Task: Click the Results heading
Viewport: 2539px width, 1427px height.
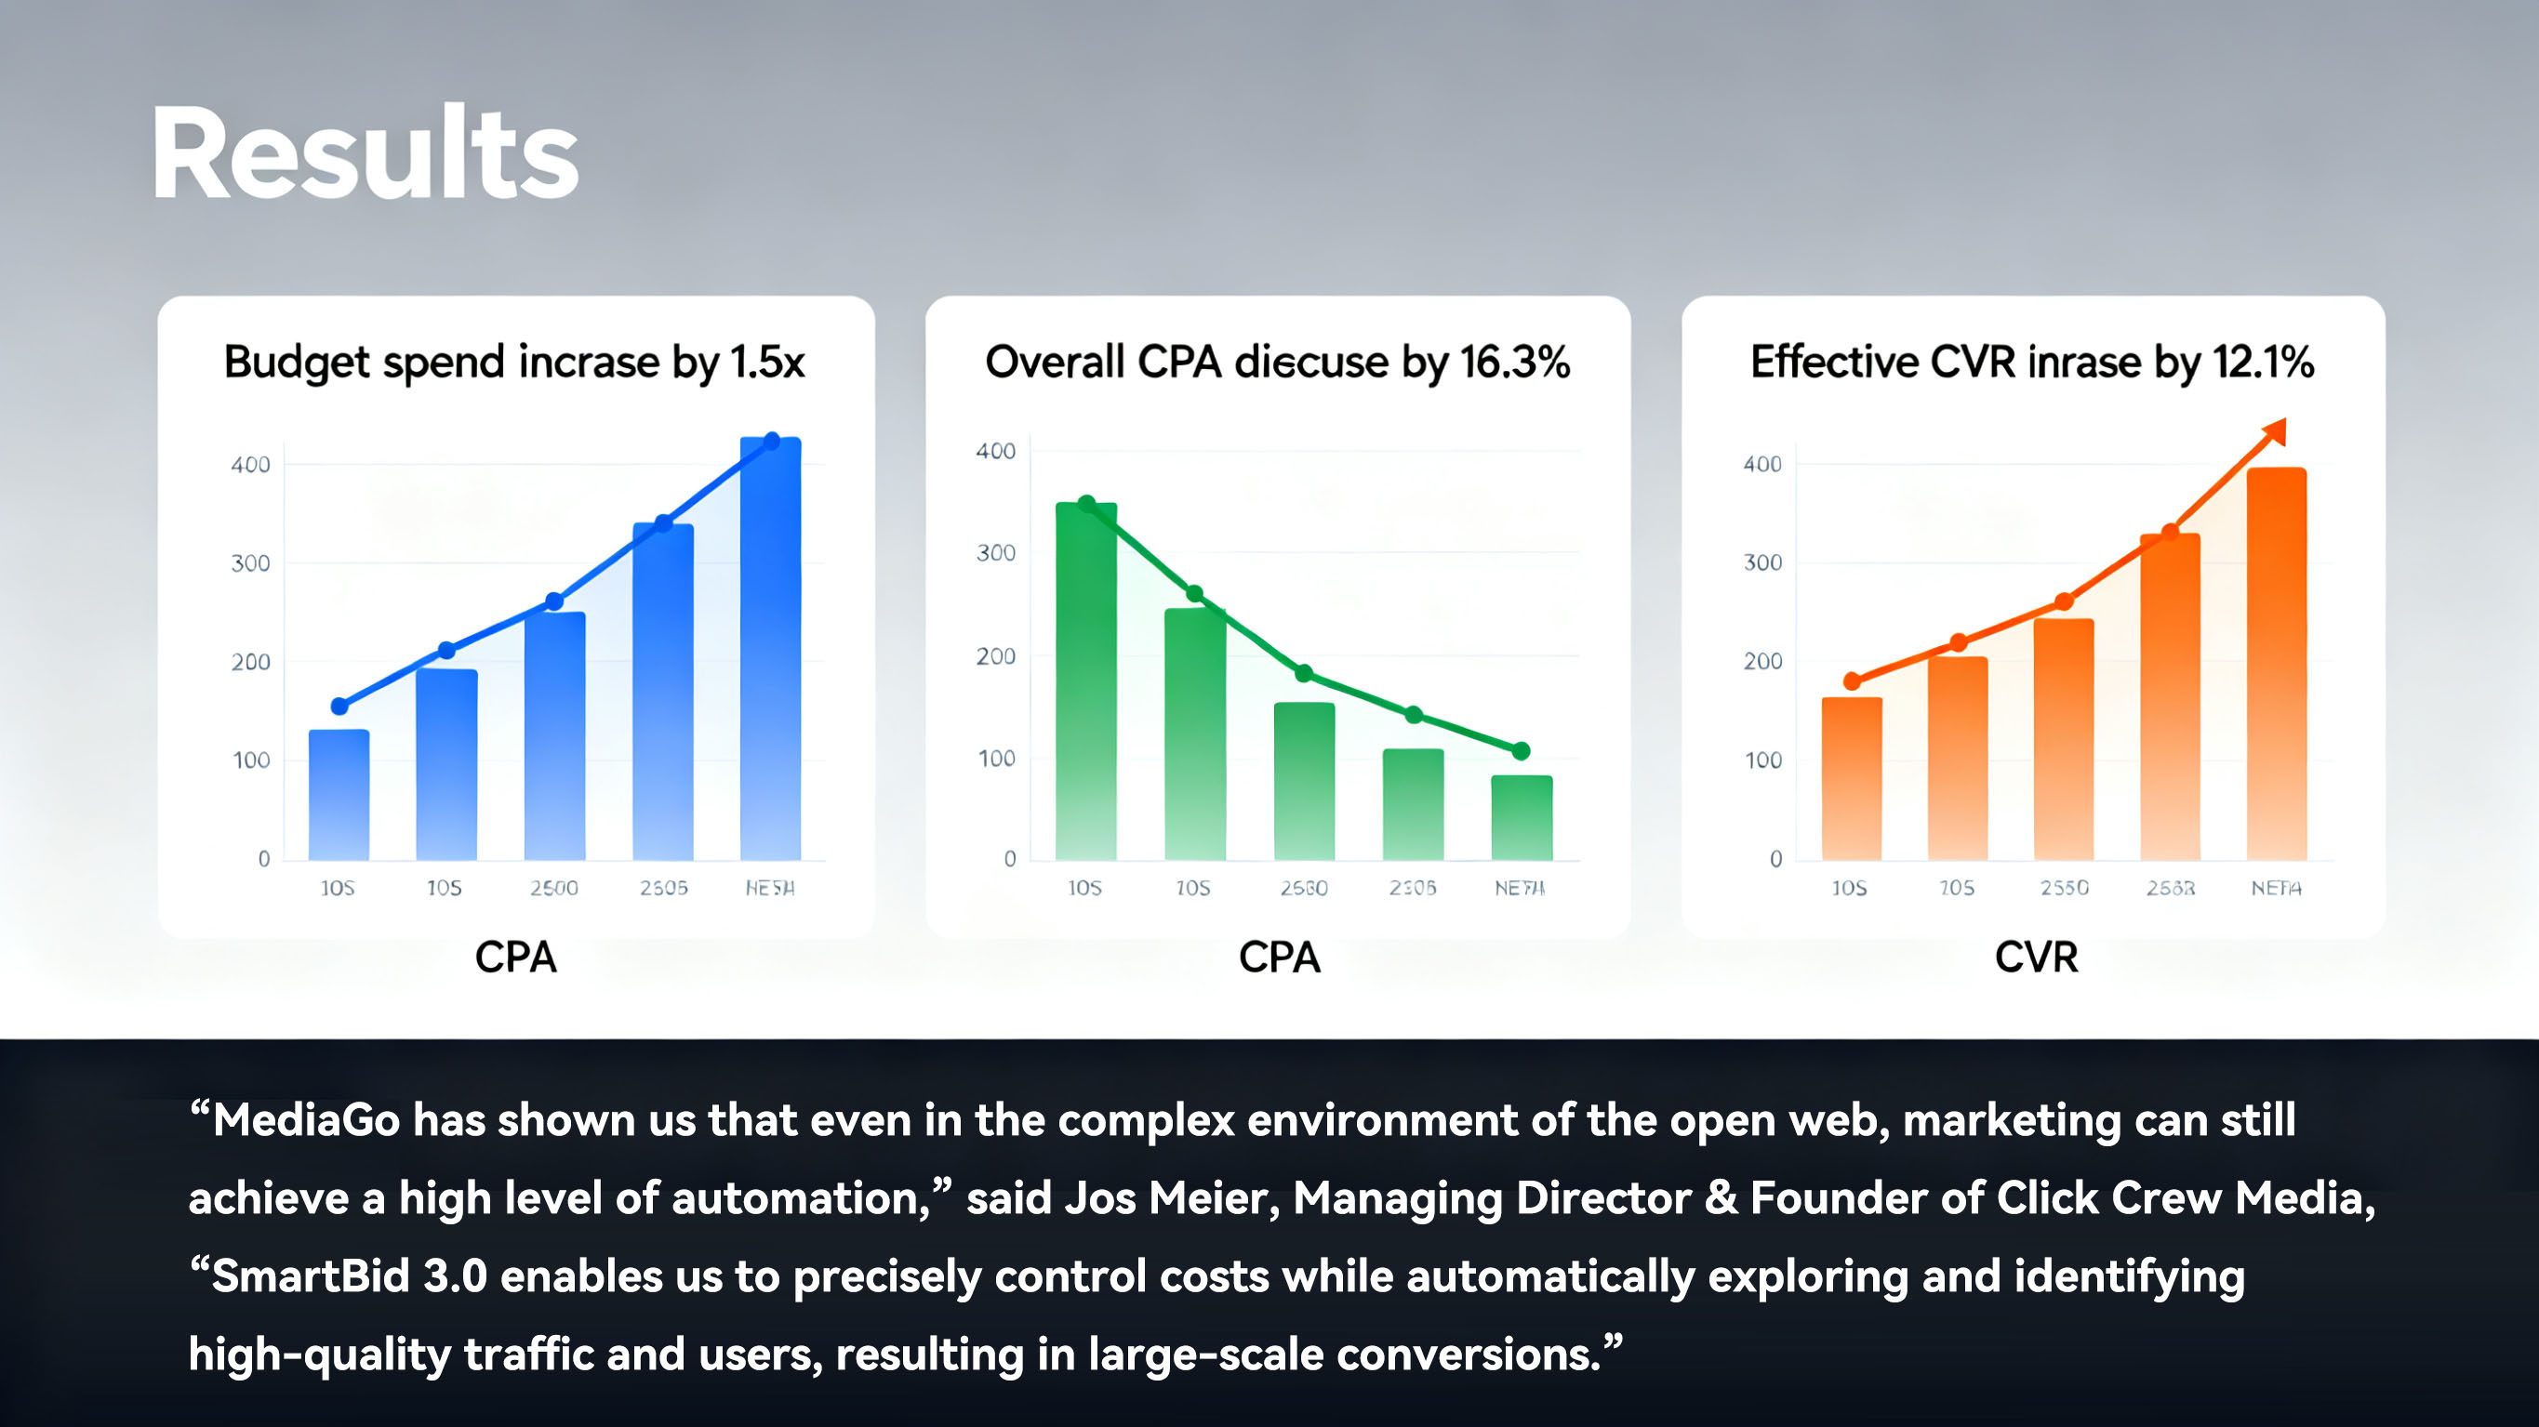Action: click(365, 153)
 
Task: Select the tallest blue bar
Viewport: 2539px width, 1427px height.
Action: click(771, 651)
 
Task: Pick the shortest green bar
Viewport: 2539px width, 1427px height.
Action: click(1522, 818)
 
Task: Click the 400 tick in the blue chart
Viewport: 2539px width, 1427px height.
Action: click(250, 464)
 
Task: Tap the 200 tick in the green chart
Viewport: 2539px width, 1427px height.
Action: click(995, 656)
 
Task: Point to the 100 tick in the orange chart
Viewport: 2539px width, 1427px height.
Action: click(1762, 760)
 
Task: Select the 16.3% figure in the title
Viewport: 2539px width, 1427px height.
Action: click(1515, 363)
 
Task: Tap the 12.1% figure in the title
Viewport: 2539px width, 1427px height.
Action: click(2263, 363)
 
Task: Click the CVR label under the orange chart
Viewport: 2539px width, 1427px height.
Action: click(2037, 957)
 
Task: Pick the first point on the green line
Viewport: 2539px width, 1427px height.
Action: click(1086, 504)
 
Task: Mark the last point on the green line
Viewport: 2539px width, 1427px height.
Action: click(1521, 751)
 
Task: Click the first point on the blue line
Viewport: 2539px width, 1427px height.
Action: click(339, 706)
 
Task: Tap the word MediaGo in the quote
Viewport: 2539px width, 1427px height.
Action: click(307, 1120)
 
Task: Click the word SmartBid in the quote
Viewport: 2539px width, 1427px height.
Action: click(311, 1276)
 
